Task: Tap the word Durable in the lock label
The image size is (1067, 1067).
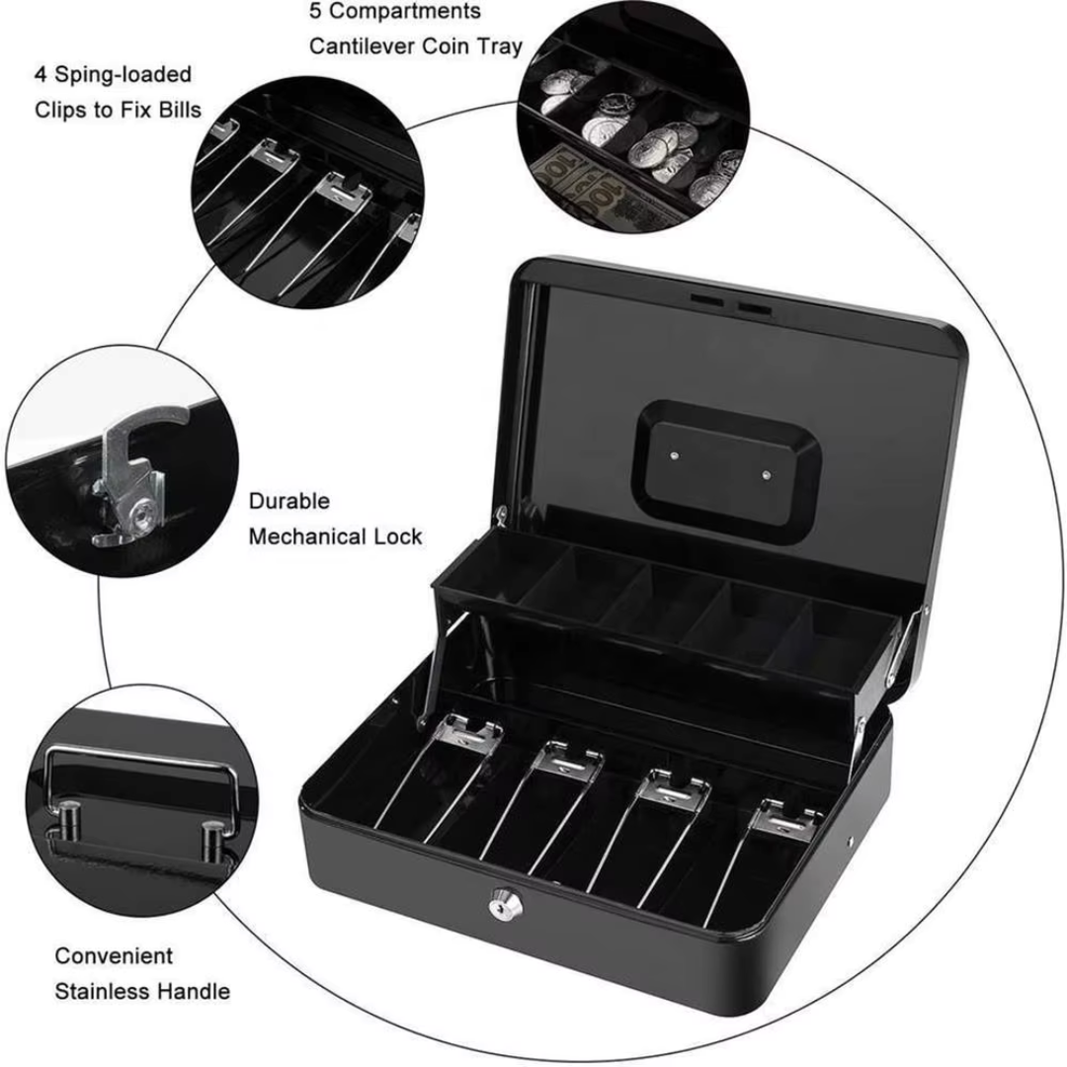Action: tap(289, 501)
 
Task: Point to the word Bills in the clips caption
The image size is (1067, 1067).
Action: tap(177, 109)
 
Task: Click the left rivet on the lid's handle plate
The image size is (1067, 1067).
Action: tap(674, 455)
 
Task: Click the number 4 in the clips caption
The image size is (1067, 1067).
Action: tap(41, 75)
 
